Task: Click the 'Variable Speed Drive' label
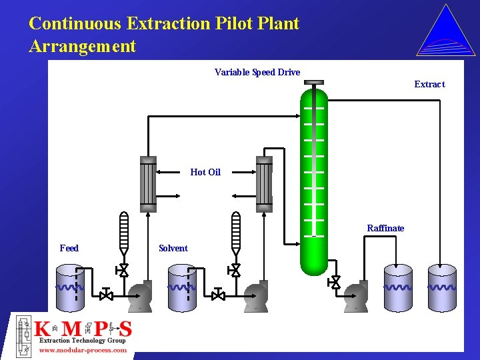[257, 72]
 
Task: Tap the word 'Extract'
[429, 84]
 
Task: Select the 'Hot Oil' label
[205, 172]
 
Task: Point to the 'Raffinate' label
[385, 228]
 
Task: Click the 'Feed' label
[69, 248]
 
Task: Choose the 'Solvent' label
[173, 248]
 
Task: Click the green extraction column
[314, 180]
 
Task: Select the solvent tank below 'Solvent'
[181, 288]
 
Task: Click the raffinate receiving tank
[397, 288]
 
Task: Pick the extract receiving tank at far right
[441, 288]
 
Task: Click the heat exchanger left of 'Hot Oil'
[148, 183]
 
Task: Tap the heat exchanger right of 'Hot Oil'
[265, 183]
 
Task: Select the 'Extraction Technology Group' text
[83, 340]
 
